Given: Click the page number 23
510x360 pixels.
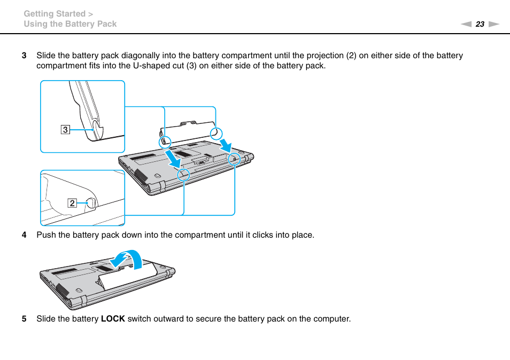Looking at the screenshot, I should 480,24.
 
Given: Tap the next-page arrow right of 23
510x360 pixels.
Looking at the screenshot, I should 493,24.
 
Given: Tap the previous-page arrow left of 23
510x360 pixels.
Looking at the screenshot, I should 466,24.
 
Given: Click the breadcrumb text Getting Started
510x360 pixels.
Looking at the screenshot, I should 54,14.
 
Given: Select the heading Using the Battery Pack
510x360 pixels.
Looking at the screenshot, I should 70,24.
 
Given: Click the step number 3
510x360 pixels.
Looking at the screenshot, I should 24,56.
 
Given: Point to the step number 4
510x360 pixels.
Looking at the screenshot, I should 24,235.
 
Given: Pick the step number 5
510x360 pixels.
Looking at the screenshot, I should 24,319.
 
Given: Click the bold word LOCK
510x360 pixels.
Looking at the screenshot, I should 113,319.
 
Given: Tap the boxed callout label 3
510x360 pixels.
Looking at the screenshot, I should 65,129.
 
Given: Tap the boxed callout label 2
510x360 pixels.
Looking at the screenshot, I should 71,203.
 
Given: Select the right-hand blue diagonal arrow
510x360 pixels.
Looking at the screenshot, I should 227,143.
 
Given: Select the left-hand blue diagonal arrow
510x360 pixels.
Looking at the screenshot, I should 175,157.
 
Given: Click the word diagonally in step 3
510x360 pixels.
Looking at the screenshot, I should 141,56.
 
